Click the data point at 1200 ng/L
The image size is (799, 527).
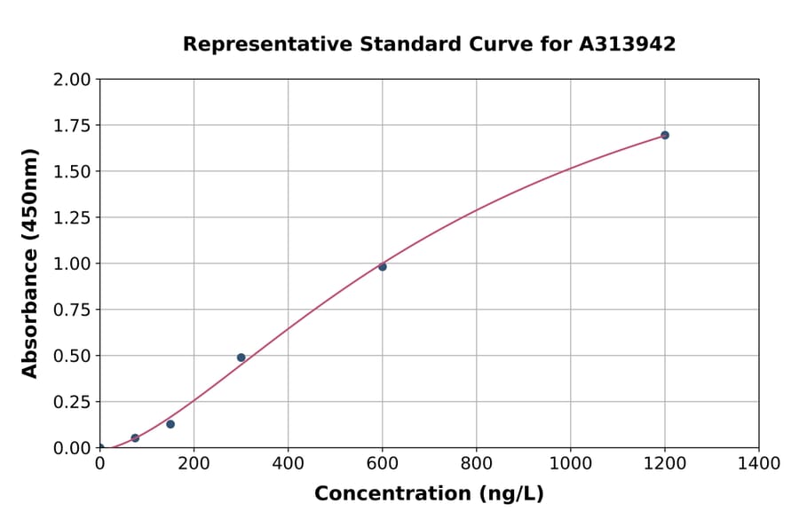(x=665, y=135)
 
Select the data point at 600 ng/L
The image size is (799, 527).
(x=383, y=266)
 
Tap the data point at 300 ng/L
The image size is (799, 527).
(x=241, y=358)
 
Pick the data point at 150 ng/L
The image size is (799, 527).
(x=170, y=424)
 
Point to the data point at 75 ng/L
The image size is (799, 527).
(x=135, y=438)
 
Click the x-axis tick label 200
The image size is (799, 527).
(x=194, y=463)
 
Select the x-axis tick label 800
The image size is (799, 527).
(x=477, y=463)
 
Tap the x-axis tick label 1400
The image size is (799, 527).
(x=759, y=463)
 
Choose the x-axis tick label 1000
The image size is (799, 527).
(x=571, y=463)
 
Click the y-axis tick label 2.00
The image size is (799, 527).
(x=72, y=80)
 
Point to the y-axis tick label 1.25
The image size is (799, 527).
(x=72, y=217)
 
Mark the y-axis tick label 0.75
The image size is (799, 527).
(x=72, y=310)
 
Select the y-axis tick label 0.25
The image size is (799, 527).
(x=72, y=402)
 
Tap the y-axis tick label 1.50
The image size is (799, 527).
(x=72, y=171)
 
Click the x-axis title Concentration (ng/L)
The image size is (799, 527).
(x=429, y=494)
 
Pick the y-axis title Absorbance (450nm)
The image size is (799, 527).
(x=30, y=263)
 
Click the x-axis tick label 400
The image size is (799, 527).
(x=289, y=463)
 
